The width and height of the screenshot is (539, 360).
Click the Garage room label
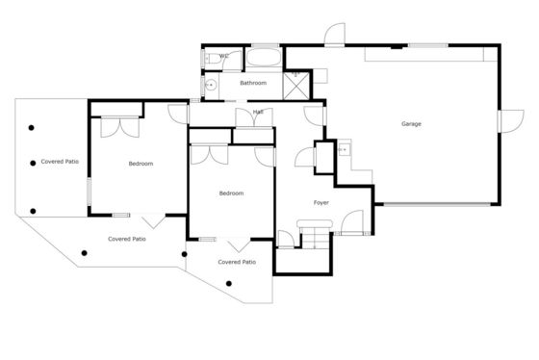click(411, 124)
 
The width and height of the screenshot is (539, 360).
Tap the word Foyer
click(321, 203)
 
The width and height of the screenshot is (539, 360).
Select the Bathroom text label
click(253, 83)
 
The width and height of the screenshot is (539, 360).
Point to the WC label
click(223, 56)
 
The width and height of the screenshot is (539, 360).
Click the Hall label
click(258, 112)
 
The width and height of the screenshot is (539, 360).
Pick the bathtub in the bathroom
click(264, 57)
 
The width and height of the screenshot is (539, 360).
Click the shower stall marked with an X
click(296, 86)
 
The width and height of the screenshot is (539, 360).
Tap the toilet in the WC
click(213, 59)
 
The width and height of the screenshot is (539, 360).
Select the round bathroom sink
click(211, 85)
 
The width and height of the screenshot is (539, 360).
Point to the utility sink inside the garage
click(345, 149)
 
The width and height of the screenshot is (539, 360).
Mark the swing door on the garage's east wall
click(511, 121)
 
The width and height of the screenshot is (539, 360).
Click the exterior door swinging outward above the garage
click(335, 34)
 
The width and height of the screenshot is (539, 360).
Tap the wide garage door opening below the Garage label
click(437, 205)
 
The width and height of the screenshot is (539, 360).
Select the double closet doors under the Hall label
click(254, 118)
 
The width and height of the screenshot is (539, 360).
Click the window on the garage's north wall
click(428, 45)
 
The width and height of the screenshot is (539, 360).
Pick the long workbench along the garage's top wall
click(431, 54)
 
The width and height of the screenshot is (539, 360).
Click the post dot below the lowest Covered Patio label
click(229, 284)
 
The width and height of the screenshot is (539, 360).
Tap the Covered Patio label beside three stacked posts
click(60, 162)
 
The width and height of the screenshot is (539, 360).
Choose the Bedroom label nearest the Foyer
click(231, 193)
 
